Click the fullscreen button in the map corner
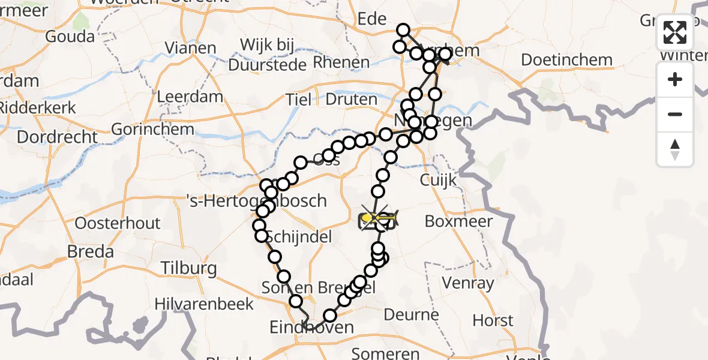click(675, 32)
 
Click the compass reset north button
click(675, 149)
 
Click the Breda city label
click(90, 251)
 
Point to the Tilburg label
click(188, 268)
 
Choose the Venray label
click(467, 283)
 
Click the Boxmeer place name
click(458, 221)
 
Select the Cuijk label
click(439, 179)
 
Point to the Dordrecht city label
click(57, 137)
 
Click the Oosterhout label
click(118, 223)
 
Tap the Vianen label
click(190, 48)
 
